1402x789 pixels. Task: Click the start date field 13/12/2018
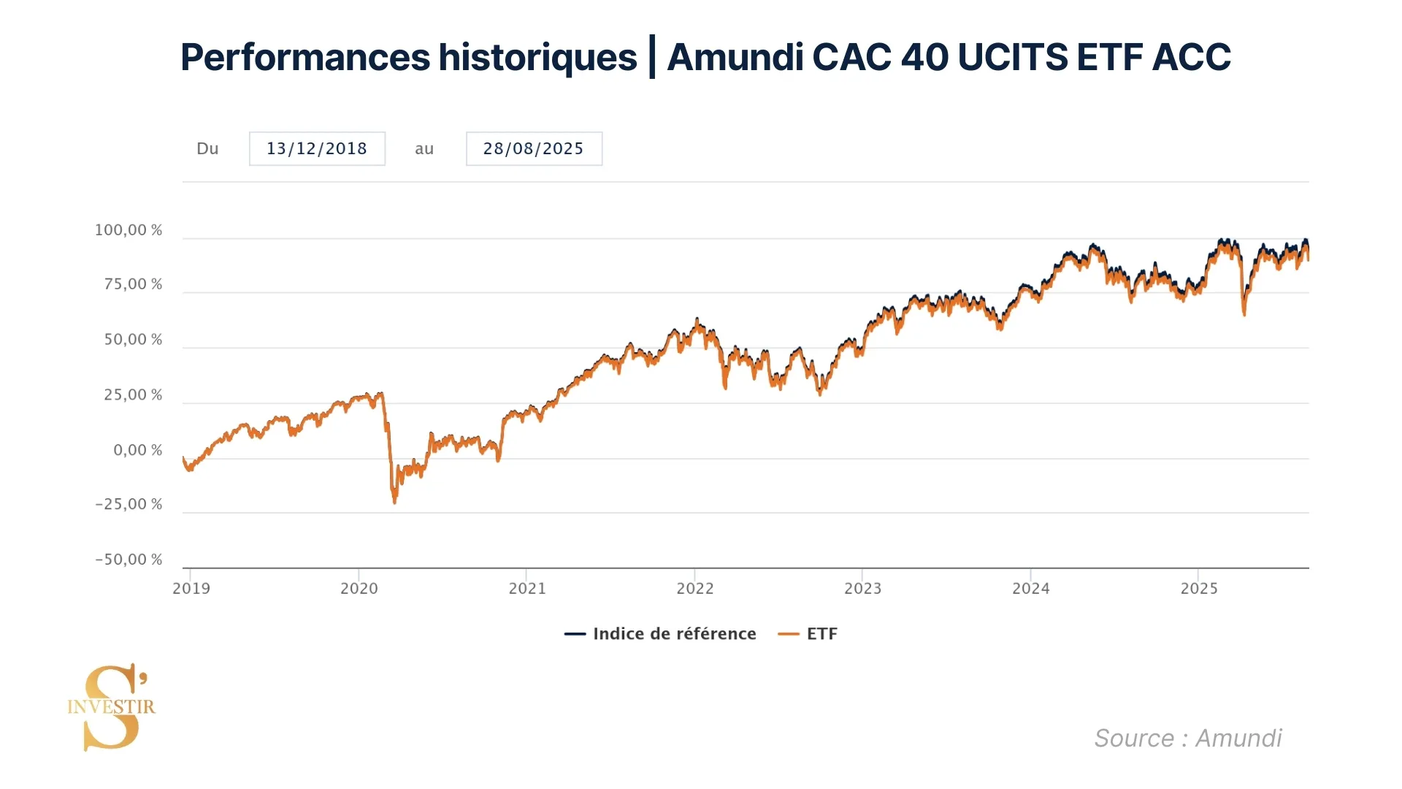click(316, 148)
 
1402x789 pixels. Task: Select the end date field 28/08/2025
click(533, 148)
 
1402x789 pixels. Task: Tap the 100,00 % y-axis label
click(129, 230)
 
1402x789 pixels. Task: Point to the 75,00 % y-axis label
click(133, 284)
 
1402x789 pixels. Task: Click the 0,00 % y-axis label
click(137, 450)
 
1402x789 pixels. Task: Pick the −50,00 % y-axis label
click(129, 560)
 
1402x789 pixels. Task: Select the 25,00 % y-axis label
click(133, 395)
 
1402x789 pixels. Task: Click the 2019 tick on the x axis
click(191, 588)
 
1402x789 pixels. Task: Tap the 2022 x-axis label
click(694, 588)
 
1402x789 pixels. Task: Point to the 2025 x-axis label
click(1199, 588)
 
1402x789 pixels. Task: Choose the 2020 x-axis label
click(359, 588)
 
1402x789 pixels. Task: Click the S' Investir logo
click(112, 706)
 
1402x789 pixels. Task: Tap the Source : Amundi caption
click(1187, 738)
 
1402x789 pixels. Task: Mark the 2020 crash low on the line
click(395, 502)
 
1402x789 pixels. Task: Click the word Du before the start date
click(207, 148)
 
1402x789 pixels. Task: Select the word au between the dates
click(424, 148)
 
